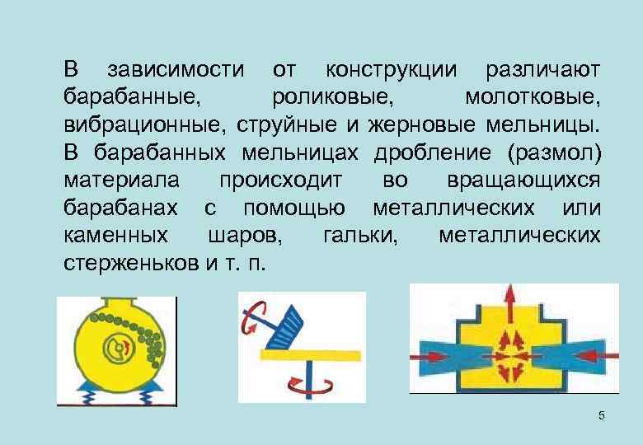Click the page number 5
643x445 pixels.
coord(601,415)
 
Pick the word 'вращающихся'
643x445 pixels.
coord(523,180)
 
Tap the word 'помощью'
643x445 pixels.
coord(293,208)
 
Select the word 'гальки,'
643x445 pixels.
coord(362,237)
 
